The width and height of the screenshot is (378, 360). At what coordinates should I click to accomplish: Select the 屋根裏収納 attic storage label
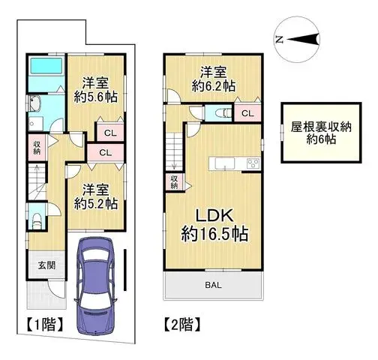point(320,127)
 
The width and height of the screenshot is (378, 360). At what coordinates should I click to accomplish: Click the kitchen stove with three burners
point(250,163)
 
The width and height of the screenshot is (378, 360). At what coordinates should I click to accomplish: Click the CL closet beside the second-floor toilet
point(246,113)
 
